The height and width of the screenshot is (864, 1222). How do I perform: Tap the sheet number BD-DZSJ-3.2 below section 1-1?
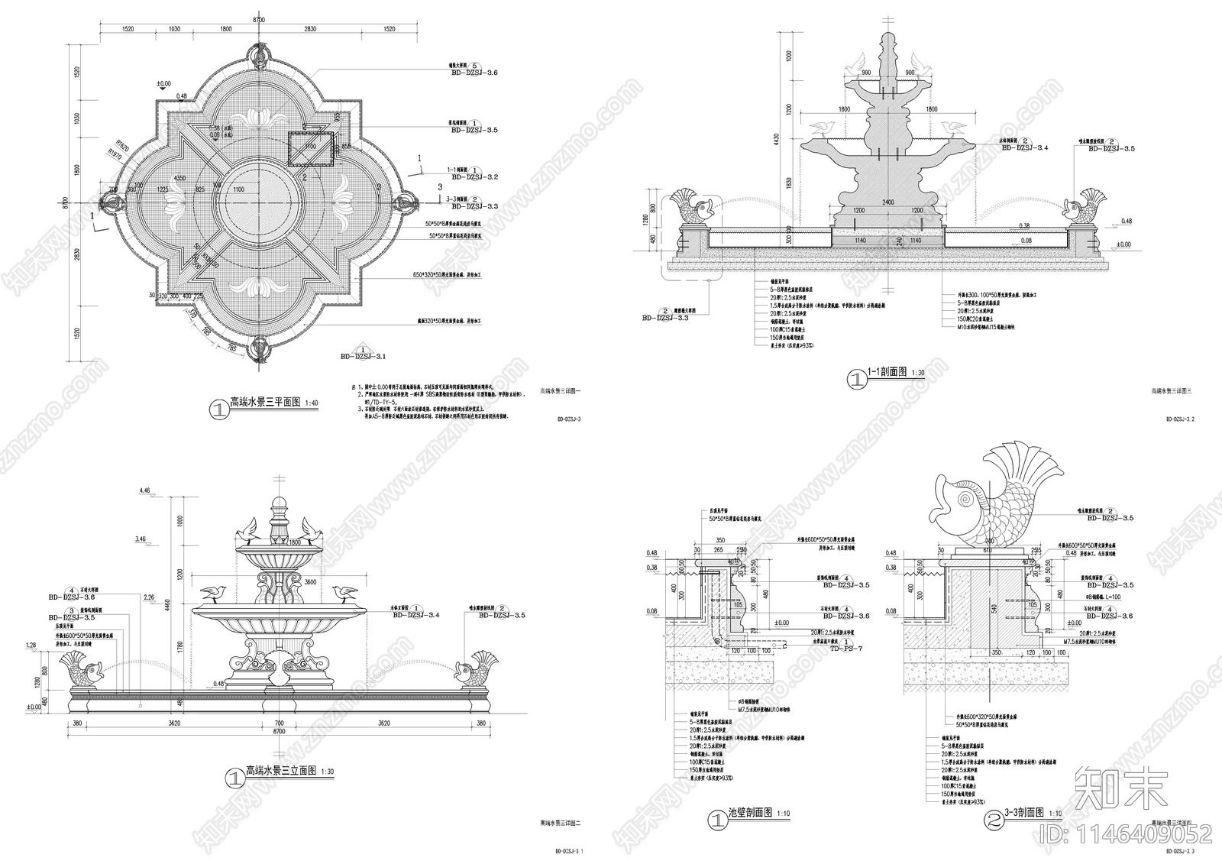point(1180,419)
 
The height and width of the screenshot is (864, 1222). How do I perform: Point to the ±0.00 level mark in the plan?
point(163,83)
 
